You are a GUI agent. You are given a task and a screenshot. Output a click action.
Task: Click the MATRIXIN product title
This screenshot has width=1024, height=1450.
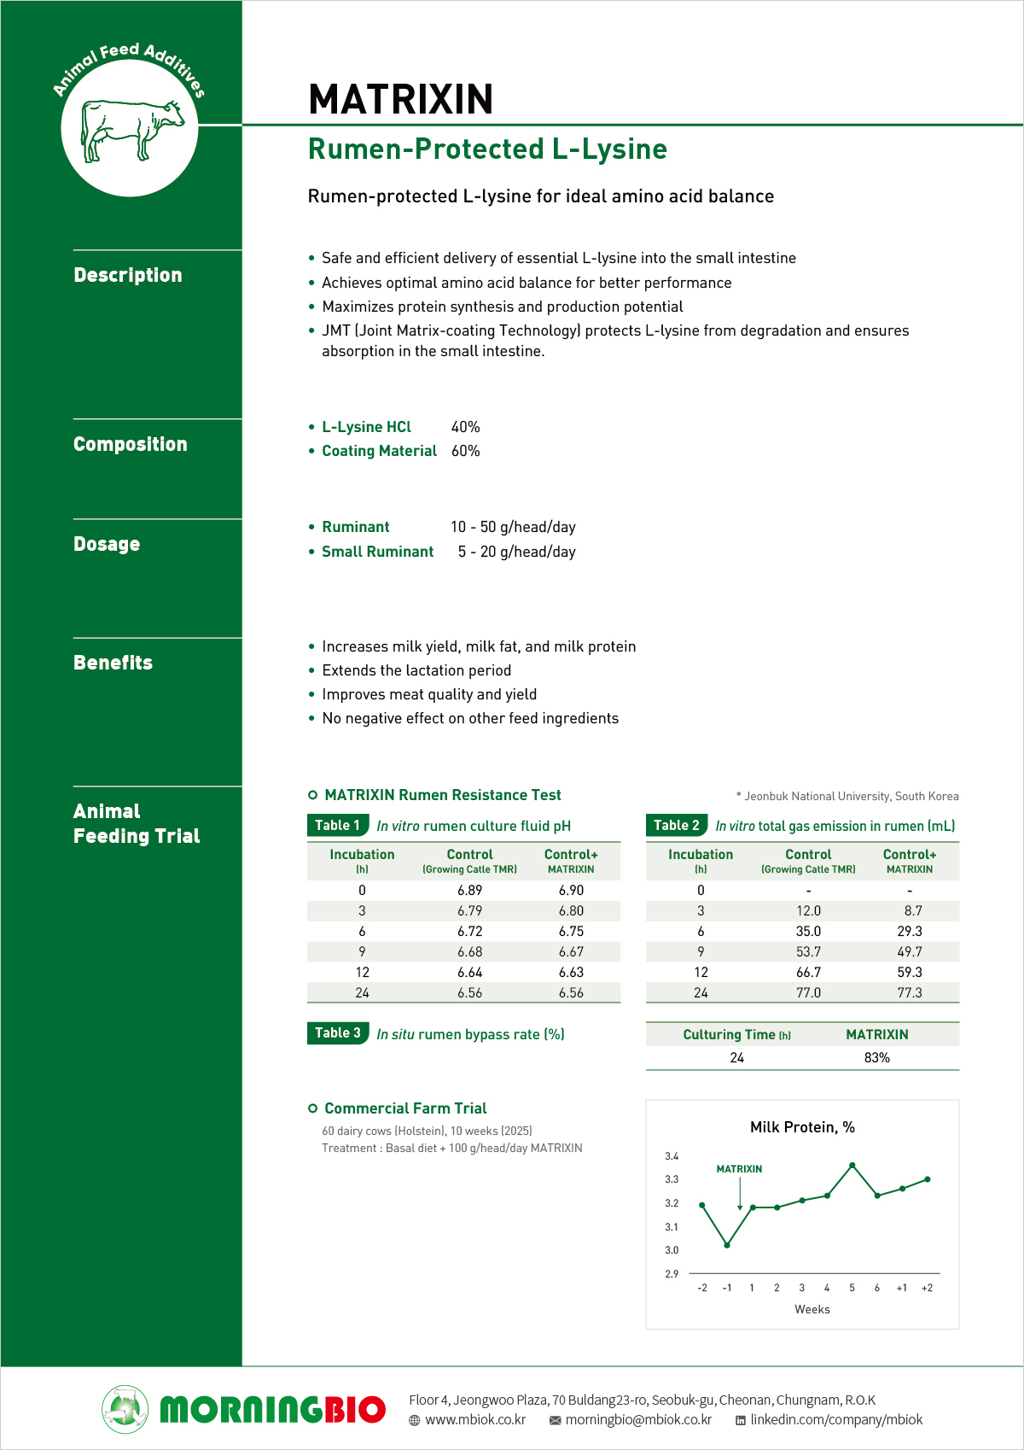tap(400, 99)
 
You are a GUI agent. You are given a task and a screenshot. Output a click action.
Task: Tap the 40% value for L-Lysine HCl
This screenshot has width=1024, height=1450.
tap(465, 427)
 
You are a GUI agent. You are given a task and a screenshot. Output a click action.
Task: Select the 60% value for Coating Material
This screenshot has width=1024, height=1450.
tap(465, 451)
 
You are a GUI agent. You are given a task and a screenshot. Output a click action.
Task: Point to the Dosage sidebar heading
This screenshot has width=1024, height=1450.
tap(107, 544)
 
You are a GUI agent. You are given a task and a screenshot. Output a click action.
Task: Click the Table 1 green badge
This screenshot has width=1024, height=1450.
tap(338, 825)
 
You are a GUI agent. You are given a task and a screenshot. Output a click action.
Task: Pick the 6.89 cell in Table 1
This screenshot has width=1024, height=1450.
tap(469, 890)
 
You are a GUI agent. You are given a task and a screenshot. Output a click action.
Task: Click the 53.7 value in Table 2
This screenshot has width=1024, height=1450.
tap(808, 951)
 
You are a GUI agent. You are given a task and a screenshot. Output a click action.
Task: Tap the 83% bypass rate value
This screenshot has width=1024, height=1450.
tap(876, 1057)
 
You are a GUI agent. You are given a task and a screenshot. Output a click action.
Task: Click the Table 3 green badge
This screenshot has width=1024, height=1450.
tap(338, 1033)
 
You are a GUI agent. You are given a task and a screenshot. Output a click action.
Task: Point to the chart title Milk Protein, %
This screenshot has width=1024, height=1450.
tap(802, 1127)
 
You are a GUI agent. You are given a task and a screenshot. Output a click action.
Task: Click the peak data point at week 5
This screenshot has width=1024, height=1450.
tap(852, 1165)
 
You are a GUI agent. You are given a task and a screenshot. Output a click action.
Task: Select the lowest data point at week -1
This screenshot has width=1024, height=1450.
tap(727, 1245)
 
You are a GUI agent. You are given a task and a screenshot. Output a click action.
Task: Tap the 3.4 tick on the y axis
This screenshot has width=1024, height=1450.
tap(672, 1156)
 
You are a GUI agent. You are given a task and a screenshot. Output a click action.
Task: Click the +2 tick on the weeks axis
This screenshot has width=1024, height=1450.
tap(927, 1288)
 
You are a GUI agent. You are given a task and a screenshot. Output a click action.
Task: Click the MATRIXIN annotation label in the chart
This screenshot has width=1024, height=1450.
tap(739, 1169)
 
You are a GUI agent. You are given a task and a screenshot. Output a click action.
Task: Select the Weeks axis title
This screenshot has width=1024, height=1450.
tap(812, 1309)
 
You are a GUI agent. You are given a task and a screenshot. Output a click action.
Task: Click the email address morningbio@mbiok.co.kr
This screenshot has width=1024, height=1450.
tap(638, 1419)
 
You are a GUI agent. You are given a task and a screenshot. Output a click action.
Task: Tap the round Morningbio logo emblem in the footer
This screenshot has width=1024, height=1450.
tap(125, 1409)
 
